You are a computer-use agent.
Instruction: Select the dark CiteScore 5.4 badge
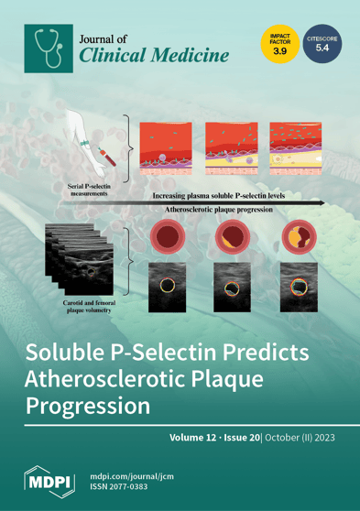(x=322, y=43)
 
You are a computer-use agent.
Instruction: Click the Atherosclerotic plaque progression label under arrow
(x=224, y=210)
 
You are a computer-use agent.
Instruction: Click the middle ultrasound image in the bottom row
(x=231, y=286)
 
